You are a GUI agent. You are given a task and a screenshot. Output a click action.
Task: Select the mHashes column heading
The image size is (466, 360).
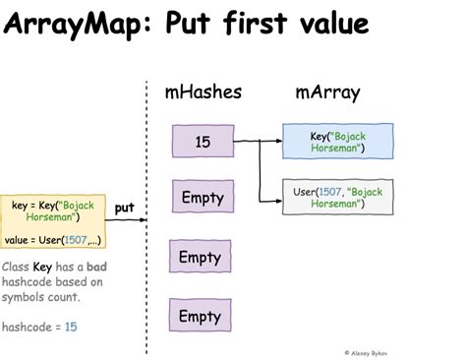coord(203,94)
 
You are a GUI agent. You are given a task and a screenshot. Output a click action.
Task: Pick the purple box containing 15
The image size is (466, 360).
coord(203,142)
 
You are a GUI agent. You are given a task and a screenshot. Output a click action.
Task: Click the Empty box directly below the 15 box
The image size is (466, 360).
coord(203,198)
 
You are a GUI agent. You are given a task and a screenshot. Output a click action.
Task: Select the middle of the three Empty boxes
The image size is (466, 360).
coord(203,258)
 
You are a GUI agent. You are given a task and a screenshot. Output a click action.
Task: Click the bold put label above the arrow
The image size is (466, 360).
coord(124,208)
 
